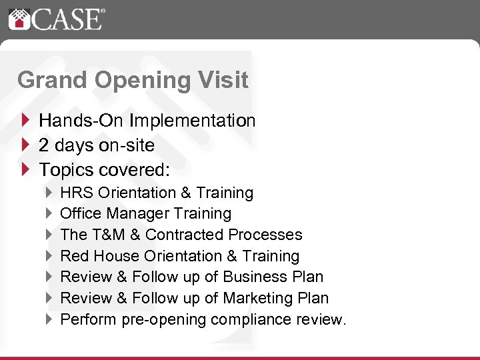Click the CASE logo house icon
(x=18, y=19)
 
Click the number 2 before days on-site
(x=44, y=145)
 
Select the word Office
(x=77, y=214)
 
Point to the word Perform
(x=88, y=319)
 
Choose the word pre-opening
(x=163, y=319)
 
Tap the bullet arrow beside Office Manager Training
(x=49, y=214)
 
